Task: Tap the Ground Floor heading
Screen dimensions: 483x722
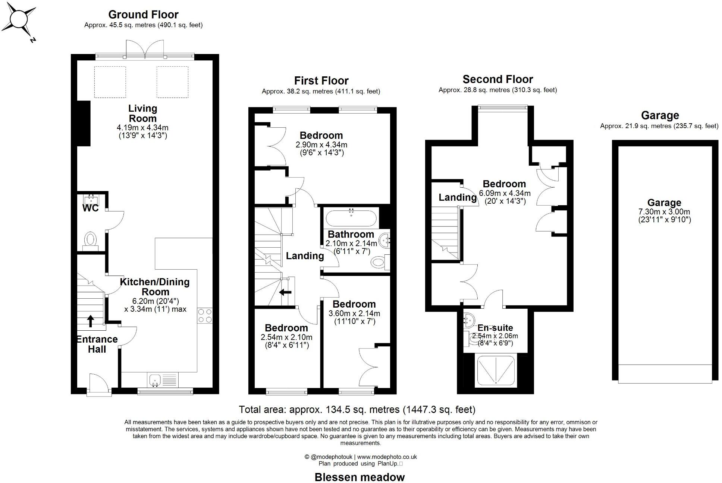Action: point(143,15)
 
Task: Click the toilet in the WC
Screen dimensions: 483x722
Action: point(90,239)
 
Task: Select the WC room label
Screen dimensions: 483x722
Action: point(90,208)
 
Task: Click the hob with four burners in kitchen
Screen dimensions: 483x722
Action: point(205,315)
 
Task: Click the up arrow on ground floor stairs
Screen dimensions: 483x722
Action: point(90,321)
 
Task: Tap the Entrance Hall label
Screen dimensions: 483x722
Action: point(97,344)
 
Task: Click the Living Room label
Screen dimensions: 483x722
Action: point(142,113)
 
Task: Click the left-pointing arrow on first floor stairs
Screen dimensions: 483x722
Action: point(285,292)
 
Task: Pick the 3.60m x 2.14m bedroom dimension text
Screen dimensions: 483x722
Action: point(354,314)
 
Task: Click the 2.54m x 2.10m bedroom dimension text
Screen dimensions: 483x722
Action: point(286,337)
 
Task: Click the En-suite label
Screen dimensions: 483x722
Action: point(495,328)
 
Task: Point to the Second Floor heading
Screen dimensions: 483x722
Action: point(497,79)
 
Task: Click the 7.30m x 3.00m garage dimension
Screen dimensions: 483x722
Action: point(664,212)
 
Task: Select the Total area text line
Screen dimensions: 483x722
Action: point(357,410)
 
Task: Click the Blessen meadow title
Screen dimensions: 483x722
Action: point(360,477)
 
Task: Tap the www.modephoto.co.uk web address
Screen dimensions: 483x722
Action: point(387,457)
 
